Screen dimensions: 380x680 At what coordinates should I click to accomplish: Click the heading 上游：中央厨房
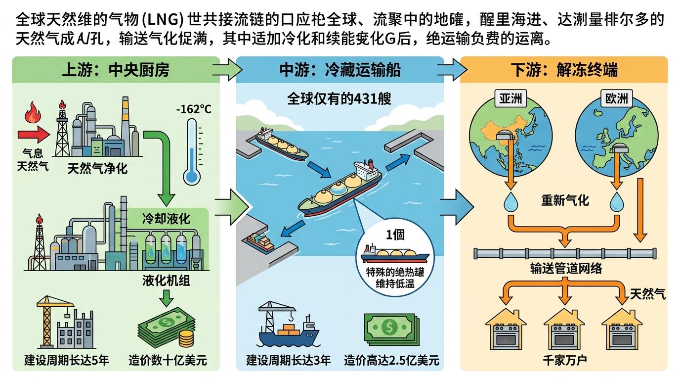click(116, 70)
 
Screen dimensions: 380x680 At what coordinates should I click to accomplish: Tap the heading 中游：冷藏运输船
click(340, 70)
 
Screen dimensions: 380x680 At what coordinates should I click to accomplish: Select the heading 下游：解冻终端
click(563, 70)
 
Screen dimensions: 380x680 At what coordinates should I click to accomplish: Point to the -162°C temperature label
click(193, 108)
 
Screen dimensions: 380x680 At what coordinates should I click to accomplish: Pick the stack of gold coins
click(186, 339)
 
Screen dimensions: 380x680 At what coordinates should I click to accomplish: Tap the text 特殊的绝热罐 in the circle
click(395, 273)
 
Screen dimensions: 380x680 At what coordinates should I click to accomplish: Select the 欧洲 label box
click(617, 99)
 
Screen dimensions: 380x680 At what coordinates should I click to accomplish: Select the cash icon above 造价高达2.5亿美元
click(390, 326)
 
